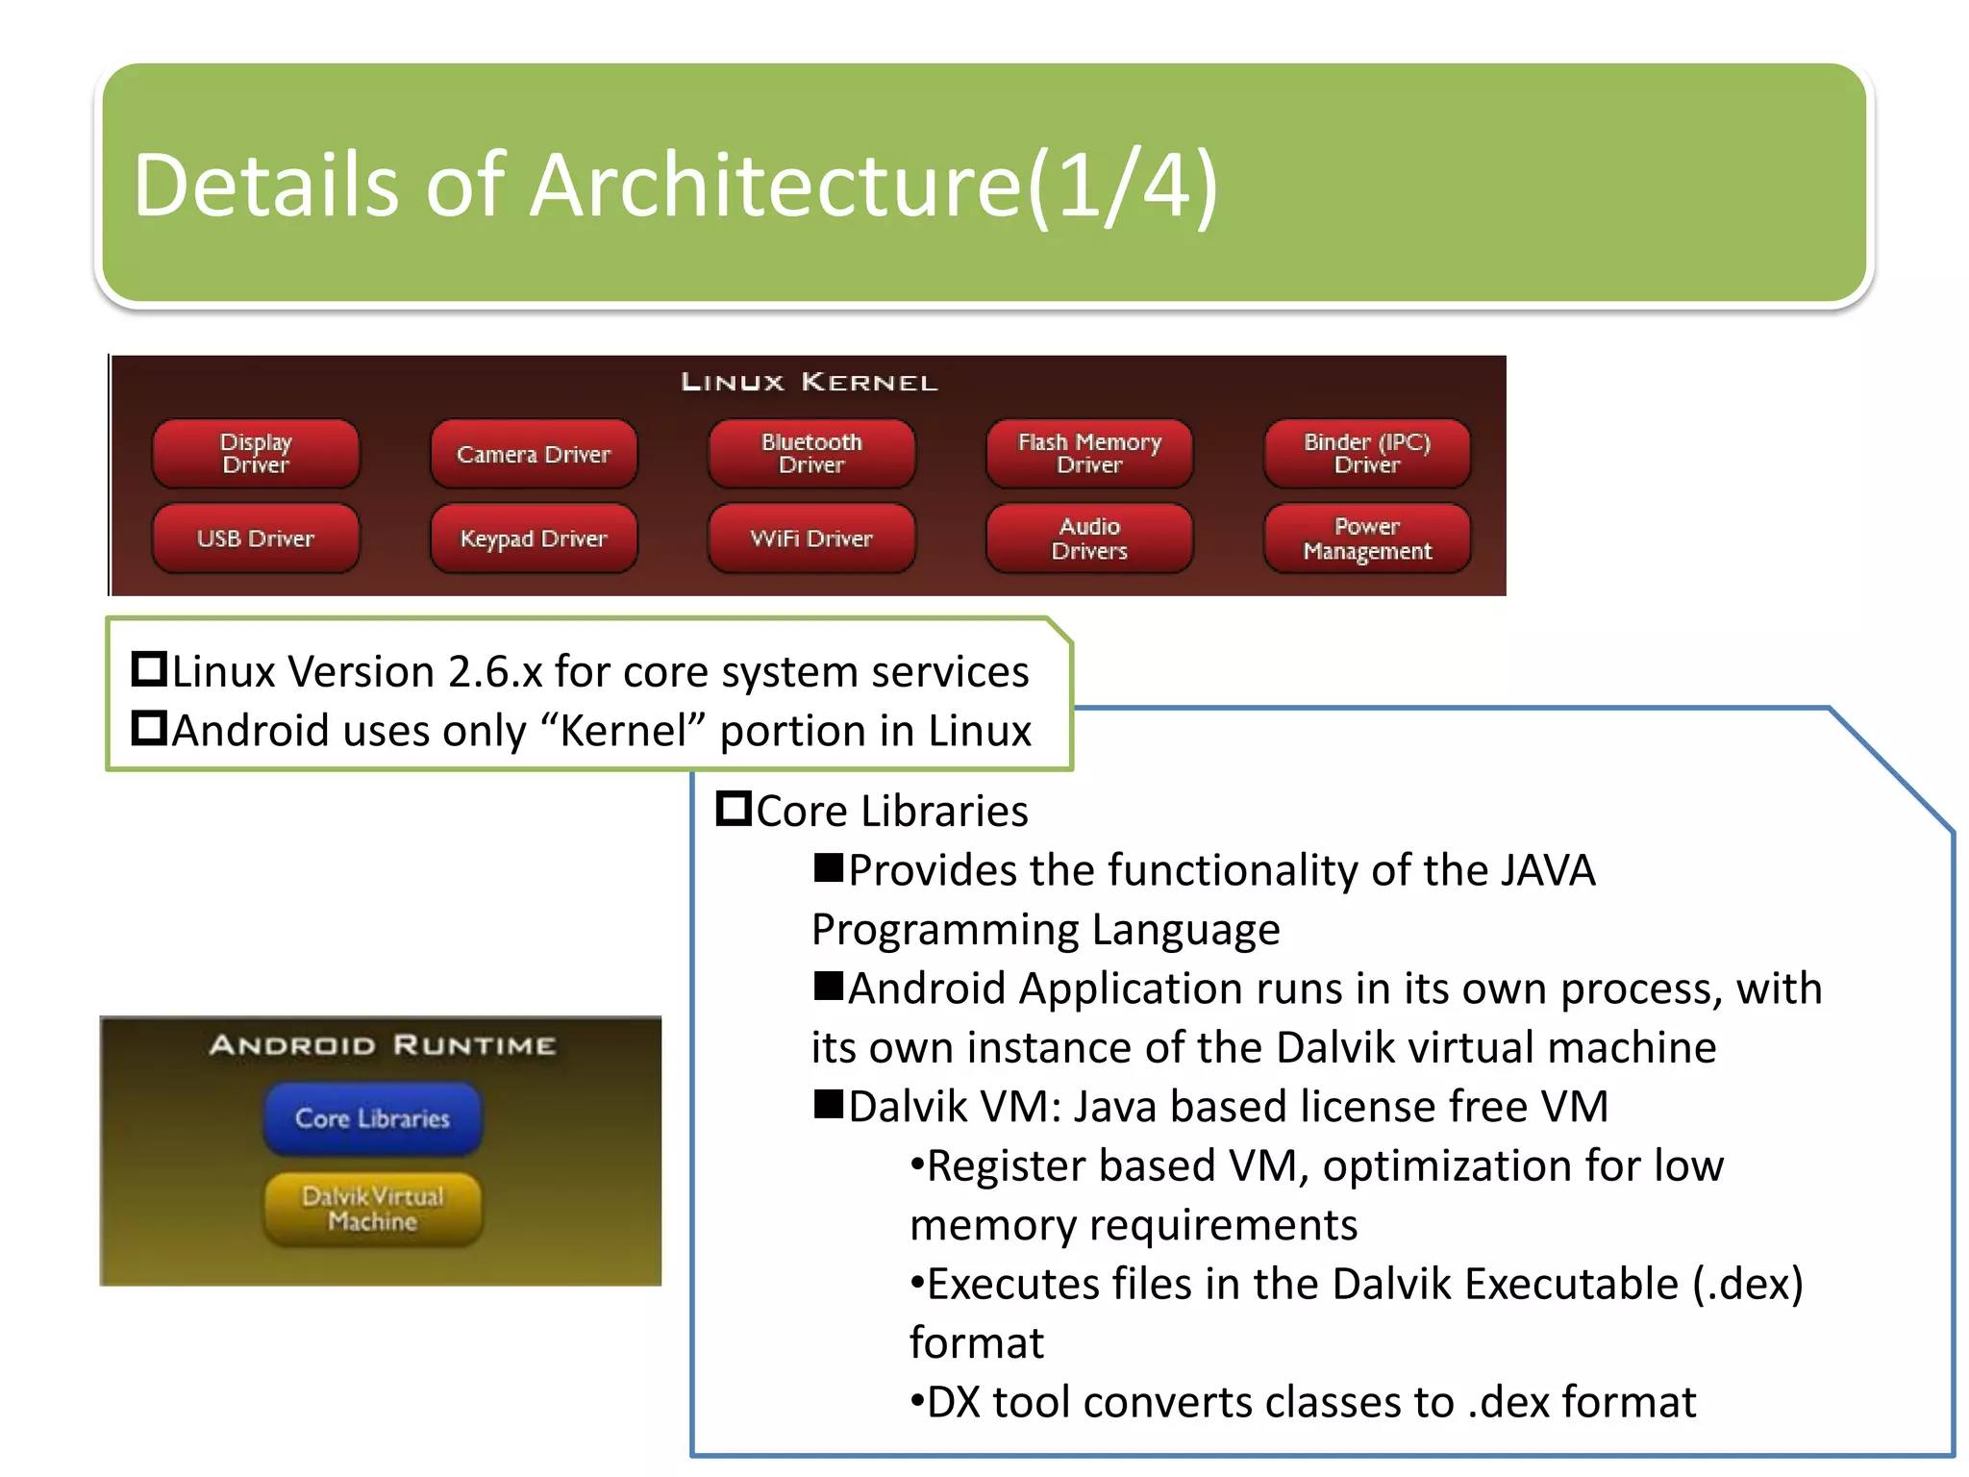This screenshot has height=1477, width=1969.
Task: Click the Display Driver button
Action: (256, 453)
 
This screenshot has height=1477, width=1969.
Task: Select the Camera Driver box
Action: (534, 454)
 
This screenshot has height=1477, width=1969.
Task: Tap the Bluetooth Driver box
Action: (811, 453)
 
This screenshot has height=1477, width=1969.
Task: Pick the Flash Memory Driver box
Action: (1089, 453)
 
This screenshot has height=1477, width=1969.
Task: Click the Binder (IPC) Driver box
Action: (1367, 453)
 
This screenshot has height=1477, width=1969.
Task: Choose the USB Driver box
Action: (256, 538)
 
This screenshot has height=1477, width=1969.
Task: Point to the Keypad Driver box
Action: (534, 538)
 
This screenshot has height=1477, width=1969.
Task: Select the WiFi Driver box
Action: (811, 538)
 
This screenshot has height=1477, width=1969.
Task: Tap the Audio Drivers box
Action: (1089, 538)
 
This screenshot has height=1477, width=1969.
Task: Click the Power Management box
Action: (1367, 538)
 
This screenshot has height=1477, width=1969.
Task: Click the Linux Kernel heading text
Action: (810, 383)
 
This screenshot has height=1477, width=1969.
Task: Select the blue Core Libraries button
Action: (373, 1118)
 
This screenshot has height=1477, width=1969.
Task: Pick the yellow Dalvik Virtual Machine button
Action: (373, 1209)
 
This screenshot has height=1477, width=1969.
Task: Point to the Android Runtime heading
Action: (383, 1045)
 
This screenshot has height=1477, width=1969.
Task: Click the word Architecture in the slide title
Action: (775, 186)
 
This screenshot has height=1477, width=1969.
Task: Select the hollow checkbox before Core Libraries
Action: (734, 809)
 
